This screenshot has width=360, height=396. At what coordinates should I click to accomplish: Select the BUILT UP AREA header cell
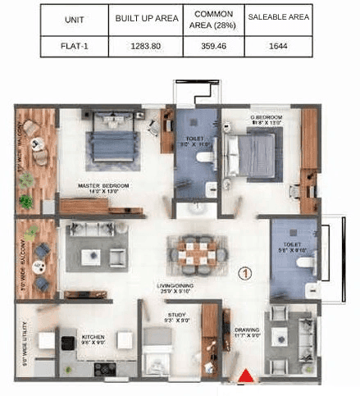click(x=148, y=18)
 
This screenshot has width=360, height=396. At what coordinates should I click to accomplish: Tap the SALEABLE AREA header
click(x=278, y=18)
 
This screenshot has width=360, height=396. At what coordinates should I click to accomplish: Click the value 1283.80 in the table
click(x=148, y=45)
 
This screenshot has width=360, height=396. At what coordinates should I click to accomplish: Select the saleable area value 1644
click(x=278, y=45)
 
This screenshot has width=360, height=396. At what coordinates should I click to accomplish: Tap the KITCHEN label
click(x=92, y=336)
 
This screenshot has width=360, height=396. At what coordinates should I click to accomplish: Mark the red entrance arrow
click(x=244, y=376)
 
